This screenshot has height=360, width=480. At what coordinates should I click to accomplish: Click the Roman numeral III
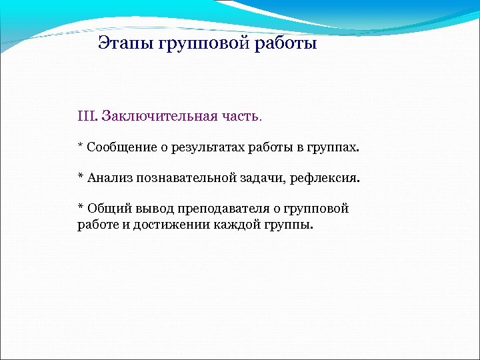[x=87, y=117]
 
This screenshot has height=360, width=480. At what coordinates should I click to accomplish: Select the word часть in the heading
[x=241, y=117]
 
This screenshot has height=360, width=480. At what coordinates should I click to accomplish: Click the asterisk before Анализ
[x=80, y=177]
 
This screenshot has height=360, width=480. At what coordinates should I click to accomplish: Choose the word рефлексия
[x=324, y=178]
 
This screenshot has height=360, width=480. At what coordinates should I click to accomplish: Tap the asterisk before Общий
[x=80, y=207]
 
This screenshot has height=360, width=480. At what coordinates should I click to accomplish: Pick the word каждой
[x=236, y=225]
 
